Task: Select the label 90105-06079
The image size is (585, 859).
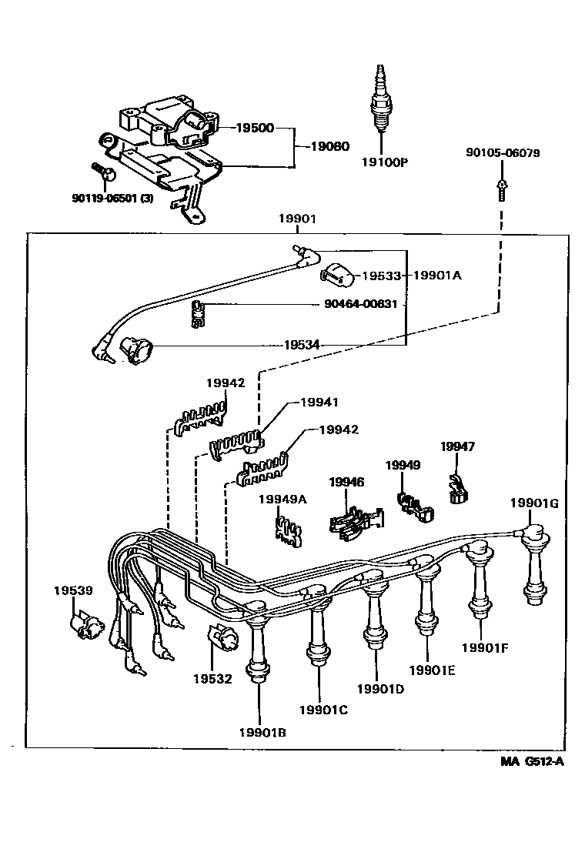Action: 502,153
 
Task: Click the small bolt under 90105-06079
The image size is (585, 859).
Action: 501,189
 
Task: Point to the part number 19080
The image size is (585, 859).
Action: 329,145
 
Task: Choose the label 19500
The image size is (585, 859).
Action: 254,128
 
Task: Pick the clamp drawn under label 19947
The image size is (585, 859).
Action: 457,489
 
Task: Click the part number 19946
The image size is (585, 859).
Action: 346,482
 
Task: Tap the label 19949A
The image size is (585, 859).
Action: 282,499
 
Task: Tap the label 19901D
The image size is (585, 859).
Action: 380,688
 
